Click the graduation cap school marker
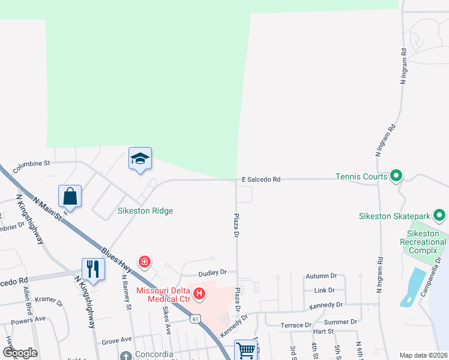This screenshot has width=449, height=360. [140, 159]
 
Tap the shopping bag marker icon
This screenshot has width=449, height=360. [70, 196]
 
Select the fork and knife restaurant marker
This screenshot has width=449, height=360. [92, 268]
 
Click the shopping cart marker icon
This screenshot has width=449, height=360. [246, 350]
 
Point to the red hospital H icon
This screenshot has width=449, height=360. [200, 294]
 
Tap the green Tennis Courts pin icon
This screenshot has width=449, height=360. [396, 176]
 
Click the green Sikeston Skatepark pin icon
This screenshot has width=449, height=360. [439, 215]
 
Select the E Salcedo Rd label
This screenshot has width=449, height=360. [261, 179]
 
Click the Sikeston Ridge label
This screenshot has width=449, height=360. [145, 211]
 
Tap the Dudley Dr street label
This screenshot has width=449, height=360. [212, 272]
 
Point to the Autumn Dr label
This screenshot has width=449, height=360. [321, 276]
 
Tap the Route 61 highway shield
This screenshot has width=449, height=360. [196, 319]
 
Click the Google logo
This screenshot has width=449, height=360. [20, 352]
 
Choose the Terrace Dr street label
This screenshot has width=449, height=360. [296, 325]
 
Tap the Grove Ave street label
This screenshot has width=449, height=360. [116, 340]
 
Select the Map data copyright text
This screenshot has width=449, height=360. [423, 355]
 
